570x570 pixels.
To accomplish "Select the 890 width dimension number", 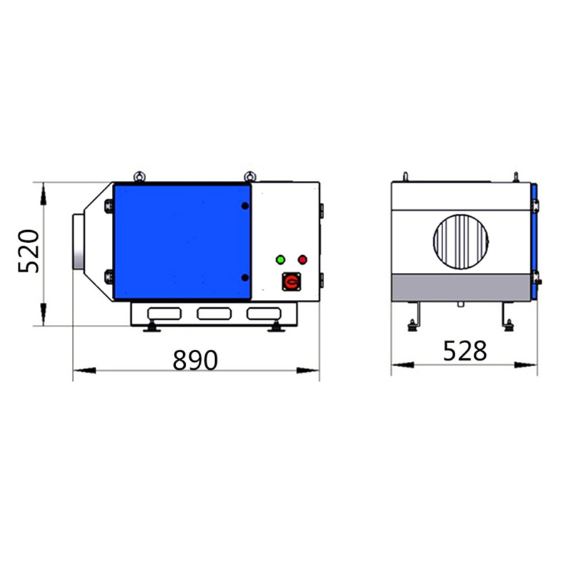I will (195, 360).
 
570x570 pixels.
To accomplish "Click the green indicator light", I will (280, 259).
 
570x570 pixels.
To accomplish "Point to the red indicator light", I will (302, 259).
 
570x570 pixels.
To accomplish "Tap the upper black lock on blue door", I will (244, 206).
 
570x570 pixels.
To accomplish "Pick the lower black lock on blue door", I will (244, 277).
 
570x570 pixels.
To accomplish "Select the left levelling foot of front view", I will (152, 328).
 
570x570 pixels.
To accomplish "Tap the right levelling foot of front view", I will (274, 328).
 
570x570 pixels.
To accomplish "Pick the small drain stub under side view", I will (461, 305).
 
